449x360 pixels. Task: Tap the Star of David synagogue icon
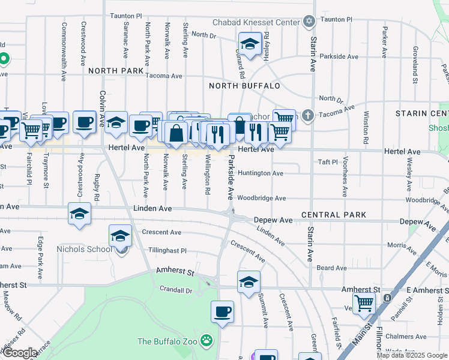point(309,22)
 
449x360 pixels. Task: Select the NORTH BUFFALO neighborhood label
point(244,86)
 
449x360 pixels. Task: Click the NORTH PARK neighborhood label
point(116,71)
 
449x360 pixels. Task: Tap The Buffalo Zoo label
point(168,341)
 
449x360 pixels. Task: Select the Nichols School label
point(84,249)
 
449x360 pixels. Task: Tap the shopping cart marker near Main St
point(364,304)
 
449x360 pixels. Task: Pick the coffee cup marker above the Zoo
point(222,311)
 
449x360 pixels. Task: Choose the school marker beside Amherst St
point(249,282)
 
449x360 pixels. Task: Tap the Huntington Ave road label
point(261,173)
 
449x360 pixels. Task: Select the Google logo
point(20,353)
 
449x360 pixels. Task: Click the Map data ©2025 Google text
point(412,355)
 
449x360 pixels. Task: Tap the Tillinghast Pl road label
point(159,251)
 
